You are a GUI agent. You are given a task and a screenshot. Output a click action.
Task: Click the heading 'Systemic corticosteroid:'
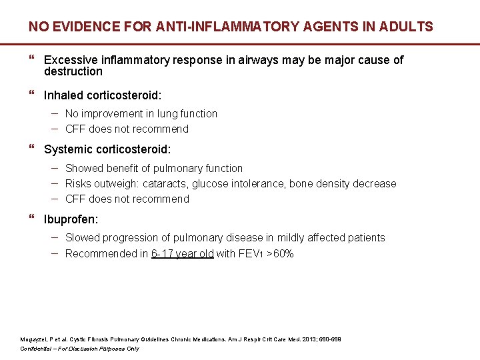point(107,150)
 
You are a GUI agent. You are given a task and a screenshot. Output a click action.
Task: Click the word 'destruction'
point(73,71)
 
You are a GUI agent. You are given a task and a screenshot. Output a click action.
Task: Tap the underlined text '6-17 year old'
point(183,254)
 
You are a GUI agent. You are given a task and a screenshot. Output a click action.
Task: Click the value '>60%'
point(280,254)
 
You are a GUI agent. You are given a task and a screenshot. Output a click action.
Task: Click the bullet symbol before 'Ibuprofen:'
point(33,219)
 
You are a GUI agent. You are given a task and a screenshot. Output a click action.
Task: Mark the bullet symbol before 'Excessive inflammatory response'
point(33,60)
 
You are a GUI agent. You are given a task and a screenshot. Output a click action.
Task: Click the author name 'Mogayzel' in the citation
point(33,339)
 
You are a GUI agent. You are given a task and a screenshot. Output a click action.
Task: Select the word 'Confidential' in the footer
point(39,349)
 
